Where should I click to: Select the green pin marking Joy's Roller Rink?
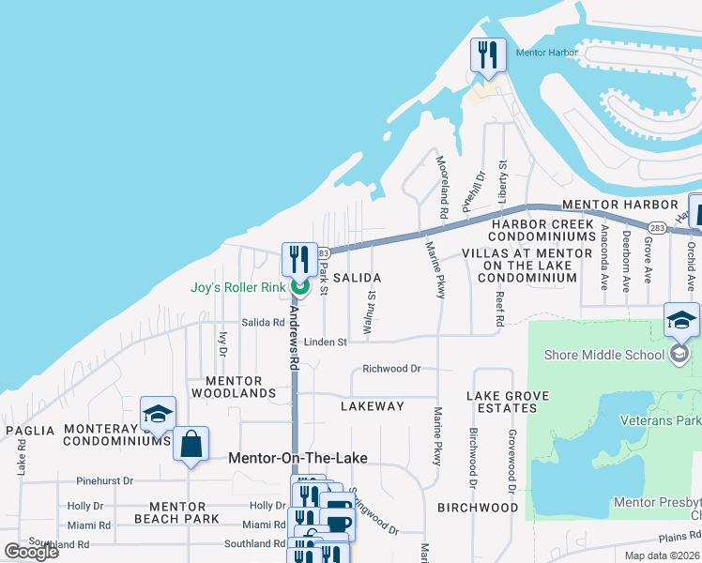(x=299, y=286)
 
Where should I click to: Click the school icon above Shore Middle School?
(x=680, y=320)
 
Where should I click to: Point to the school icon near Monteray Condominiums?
(x=158, y=414)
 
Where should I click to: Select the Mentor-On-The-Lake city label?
(x=298, y=458)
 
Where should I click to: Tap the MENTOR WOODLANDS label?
(x=241, y=387)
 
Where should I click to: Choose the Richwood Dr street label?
(x=392, y=370)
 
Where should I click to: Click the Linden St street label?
(x=325, y=342)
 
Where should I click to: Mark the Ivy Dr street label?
(x=222, y=343)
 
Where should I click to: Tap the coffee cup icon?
(x=337, y=525)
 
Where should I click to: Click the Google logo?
(x=32, y=551)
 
